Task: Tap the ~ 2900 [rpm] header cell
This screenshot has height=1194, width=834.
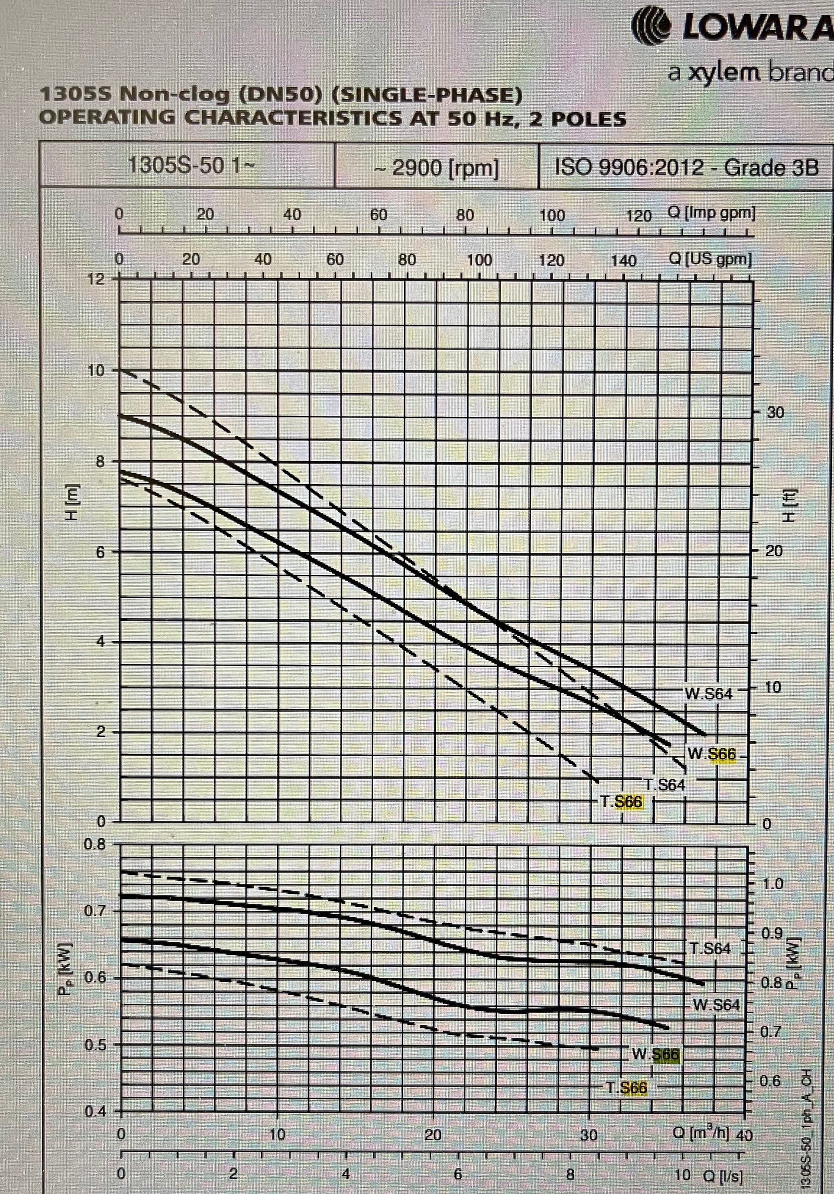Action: [437, 168]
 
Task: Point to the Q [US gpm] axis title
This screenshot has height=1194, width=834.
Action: [710, 259]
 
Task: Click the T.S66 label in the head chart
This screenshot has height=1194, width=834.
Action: [622, 802]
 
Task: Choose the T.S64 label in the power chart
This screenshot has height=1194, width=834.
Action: [710, 948]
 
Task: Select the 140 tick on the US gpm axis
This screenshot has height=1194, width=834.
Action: [623, 260]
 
